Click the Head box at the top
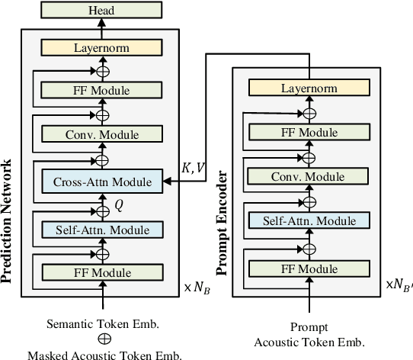101,10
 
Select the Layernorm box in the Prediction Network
101,47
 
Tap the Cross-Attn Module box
101,182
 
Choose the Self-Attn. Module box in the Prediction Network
101,228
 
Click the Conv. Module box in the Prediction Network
101,135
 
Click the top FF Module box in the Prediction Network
101,91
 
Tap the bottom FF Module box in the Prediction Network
101,272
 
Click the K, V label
192,169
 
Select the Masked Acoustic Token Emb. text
104,354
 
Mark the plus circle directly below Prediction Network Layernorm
101,70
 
